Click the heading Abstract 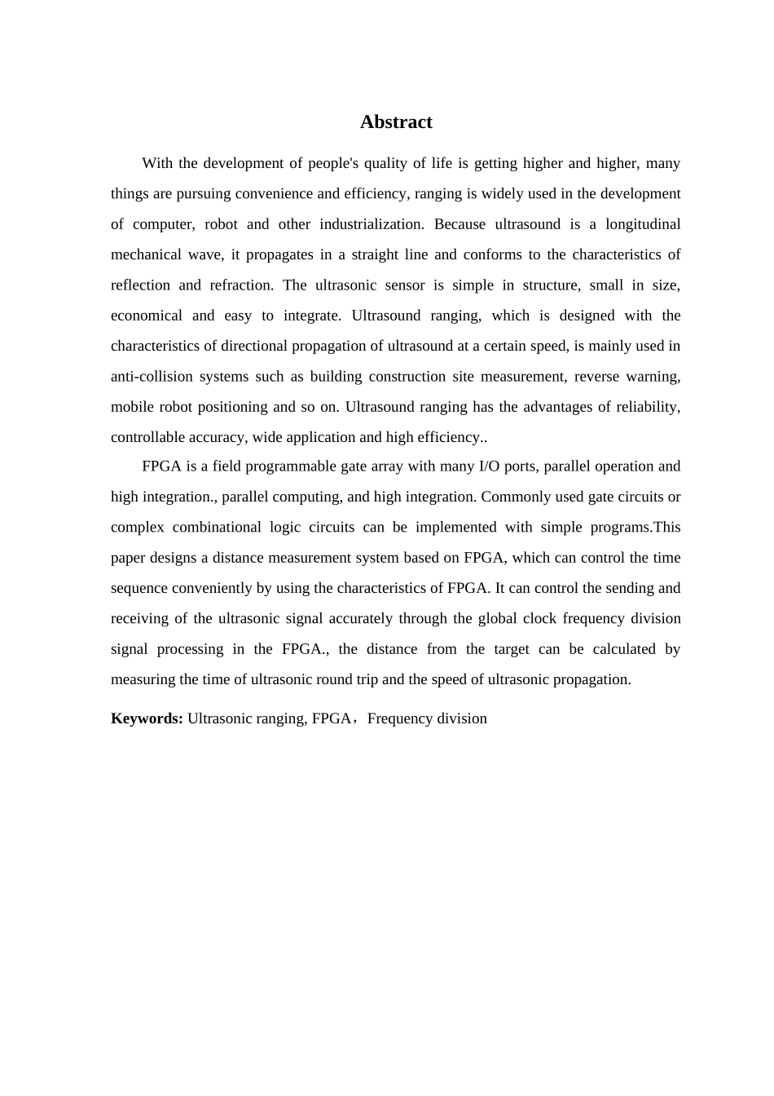tap(396, 122)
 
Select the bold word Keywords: tap(147, 718)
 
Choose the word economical tap(146, 316)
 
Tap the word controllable tap(147, 437)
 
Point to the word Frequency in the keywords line tap(398, 718)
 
